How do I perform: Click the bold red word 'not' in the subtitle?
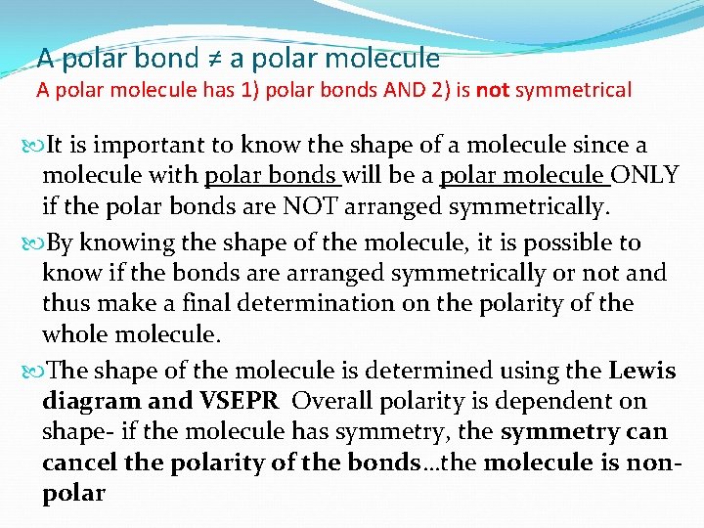click(x=493, y=91)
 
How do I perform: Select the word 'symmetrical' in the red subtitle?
click(x=573, y=91)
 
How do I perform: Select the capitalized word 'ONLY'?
click(x=645, y=176)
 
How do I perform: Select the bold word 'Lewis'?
click(x=641, y=371)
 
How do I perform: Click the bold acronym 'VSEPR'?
click(x=240, y=401)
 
